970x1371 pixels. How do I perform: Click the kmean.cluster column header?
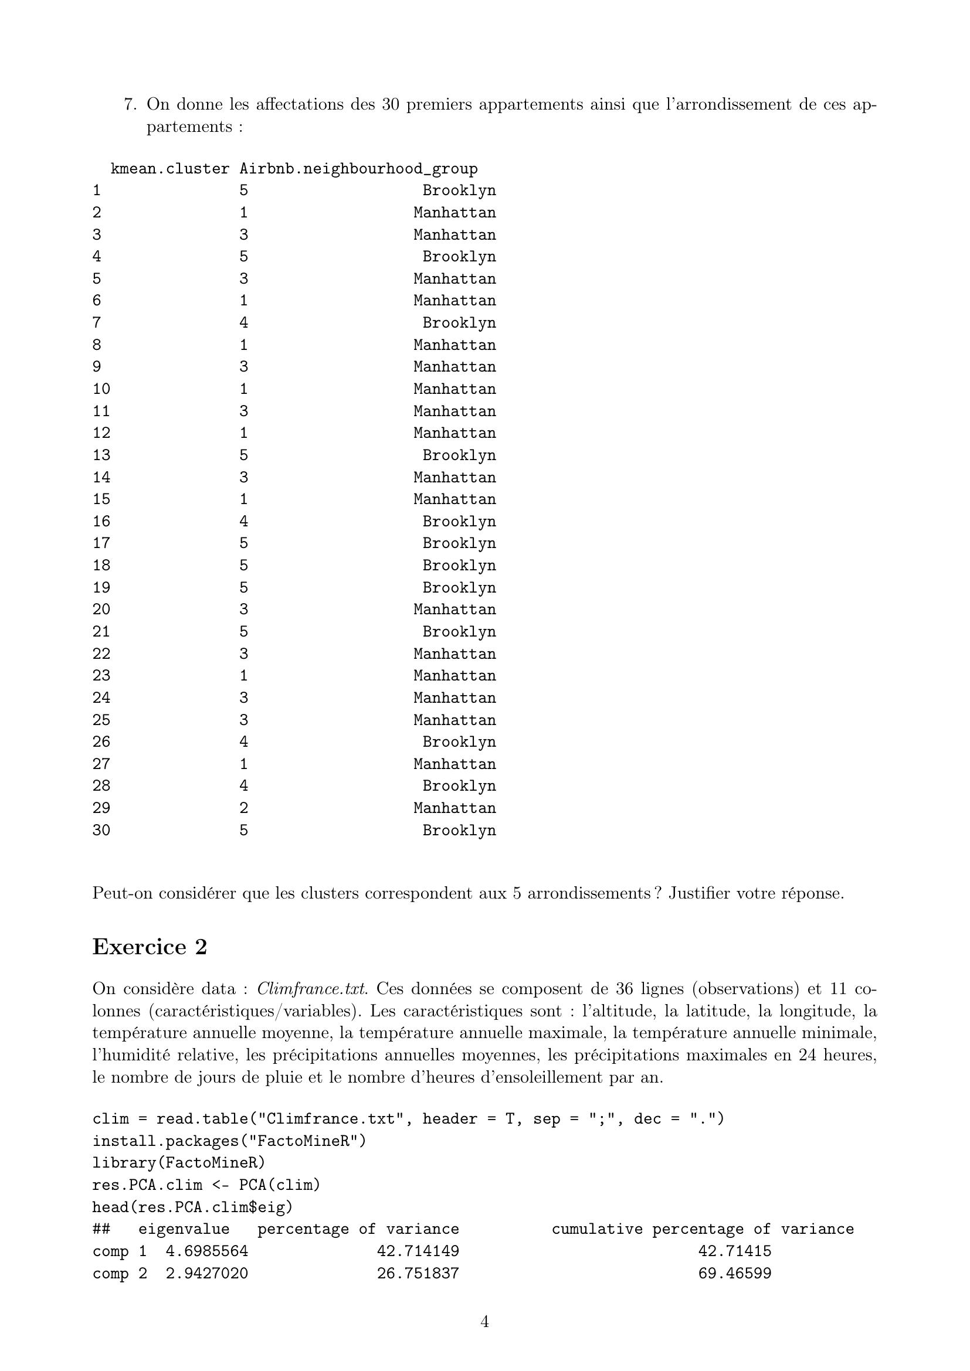click(169, 169)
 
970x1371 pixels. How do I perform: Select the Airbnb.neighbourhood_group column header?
click(358, 169)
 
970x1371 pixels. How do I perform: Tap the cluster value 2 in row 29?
click(244, 808)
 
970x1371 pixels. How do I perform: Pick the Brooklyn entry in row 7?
click(459, 323)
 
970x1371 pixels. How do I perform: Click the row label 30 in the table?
click(101, 830)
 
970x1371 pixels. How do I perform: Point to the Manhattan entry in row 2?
click(455, 213)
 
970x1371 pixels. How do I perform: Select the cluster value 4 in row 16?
click(244, 521)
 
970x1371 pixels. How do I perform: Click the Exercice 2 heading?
click(150, 947)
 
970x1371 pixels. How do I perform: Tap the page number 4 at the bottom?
click(484, 1322)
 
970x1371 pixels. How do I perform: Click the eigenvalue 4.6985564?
click(206, 1251)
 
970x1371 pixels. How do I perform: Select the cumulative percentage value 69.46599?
click(735, 1273)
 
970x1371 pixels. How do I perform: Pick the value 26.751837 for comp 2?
click(418, 1273)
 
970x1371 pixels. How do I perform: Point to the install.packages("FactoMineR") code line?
click(229, 1141)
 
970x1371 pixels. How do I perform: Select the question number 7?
click(130, 104)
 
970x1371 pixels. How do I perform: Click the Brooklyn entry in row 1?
click(459, 190)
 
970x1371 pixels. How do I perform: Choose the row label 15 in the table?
click(101, 499)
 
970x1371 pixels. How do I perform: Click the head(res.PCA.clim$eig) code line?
click(192, 1207)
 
